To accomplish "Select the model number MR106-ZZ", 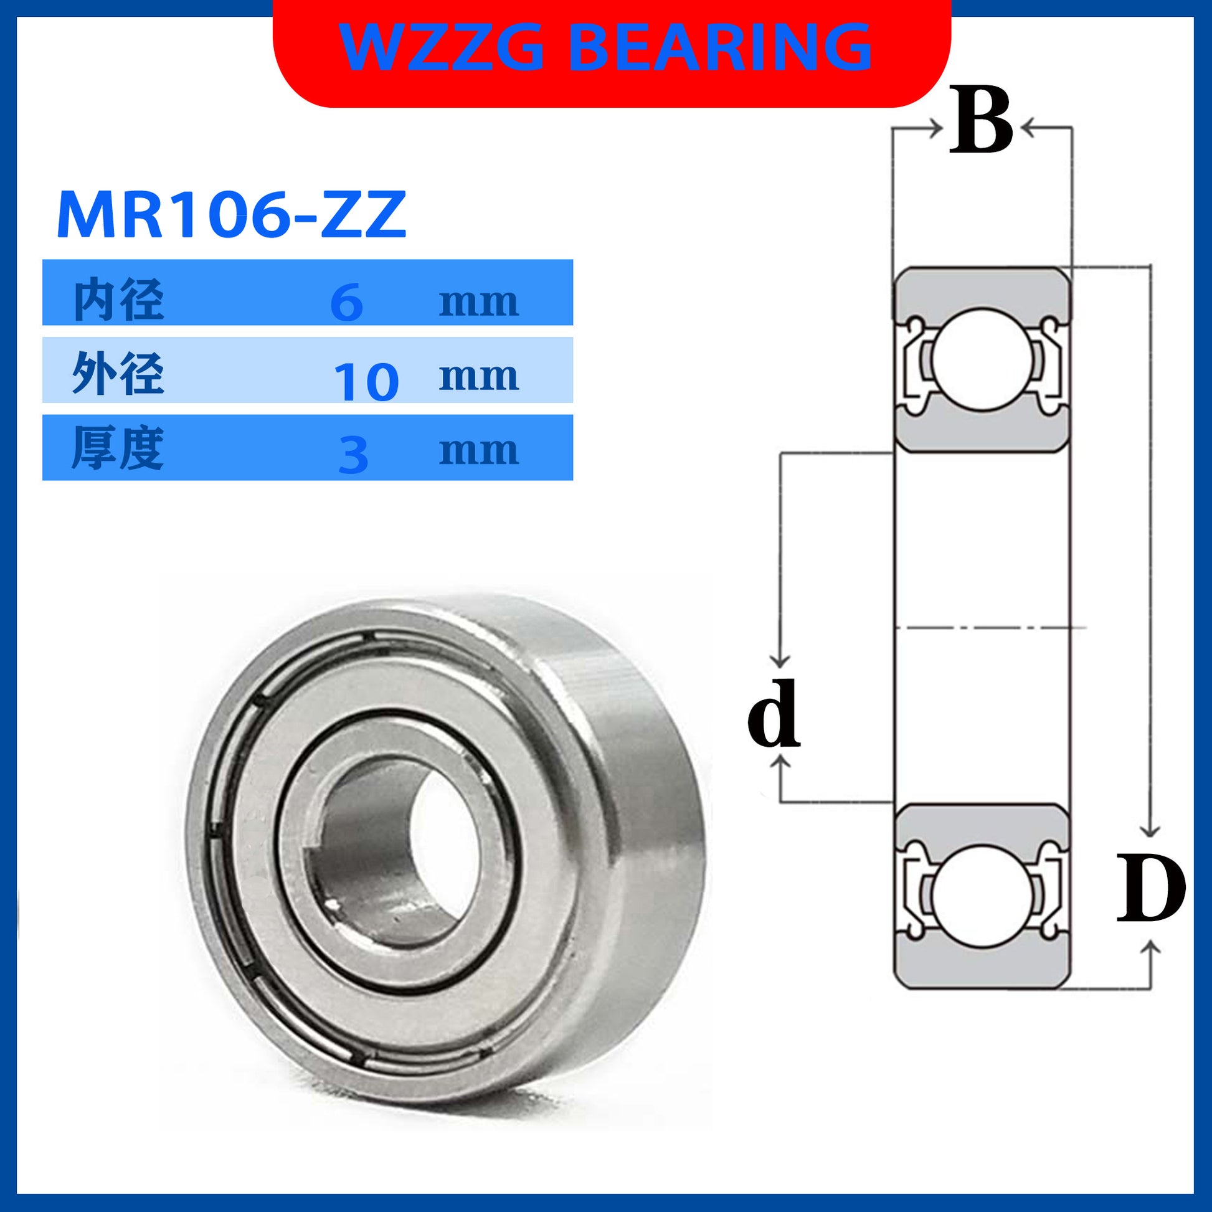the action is click(x=232, y=215).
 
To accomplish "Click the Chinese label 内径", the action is click(x=118, y=300).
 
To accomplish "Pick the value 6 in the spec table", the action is click(x=347, y=302).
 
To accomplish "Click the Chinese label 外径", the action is click(x=118, y=374).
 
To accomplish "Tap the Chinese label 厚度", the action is click(x=118, y=448).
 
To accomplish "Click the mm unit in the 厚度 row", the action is click(x=479, y=450).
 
